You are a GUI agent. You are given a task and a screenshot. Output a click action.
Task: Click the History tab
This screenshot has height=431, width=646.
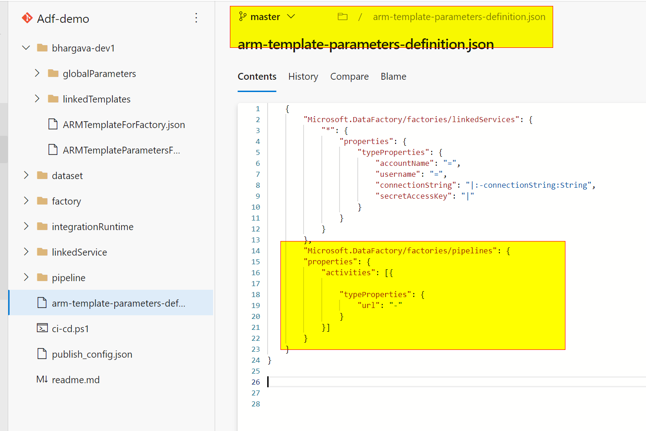pyautogui.click(x=303, y=77)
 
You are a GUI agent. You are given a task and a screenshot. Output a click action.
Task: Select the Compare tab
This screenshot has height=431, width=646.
pyautogui.click(x=349, y=77)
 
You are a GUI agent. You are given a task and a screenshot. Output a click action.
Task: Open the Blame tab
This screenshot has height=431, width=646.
pyautogui.click(x=393, y=77)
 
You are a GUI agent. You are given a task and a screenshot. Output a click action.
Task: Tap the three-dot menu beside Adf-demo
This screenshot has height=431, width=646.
pyautogui.click(x=196, y=18)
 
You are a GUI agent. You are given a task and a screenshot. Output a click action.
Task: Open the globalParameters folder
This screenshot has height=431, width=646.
pyautogui.click(x=99, y=74)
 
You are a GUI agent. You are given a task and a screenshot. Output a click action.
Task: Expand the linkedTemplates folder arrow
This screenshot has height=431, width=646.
pyautogui.click(x=37, y=99)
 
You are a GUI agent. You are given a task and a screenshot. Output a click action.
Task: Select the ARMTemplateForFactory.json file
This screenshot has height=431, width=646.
pyautogui.click(x=123, y=125)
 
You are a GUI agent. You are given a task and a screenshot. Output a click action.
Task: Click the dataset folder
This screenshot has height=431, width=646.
pyautogui.click(x=67, y=176)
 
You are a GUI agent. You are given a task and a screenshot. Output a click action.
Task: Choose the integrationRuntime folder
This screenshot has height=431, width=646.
pyautogui.click(x=92, y=227)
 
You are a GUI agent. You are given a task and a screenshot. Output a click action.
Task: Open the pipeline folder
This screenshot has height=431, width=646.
pyautogui.click(x=68, y=278)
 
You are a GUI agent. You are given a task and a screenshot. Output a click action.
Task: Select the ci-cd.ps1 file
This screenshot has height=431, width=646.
pyautogui.click(x=70, y=329)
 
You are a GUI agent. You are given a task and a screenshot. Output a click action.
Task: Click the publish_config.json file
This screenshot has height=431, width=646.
pyautogui.click(x=92, y=354)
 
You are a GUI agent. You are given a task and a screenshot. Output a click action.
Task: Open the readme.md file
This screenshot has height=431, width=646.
pyautogui.click(x=76, y=380)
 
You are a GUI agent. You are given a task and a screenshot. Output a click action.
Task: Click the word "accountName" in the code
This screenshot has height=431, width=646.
pyautogui.click(x=405, y=163)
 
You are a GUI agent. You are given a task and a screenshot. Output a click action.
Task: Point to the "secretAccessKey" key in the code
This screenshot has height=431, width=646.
pyautogui.click(x=413, y=196)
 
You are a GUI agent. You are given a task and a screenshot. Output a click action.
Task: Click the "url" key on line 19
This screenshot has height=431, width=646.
pyautogui.click(x=369, y=305)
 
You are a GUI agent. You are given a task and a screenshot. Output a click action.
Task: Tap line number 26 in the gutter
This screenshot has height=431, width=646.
pyautogui.click(x=256, y=382)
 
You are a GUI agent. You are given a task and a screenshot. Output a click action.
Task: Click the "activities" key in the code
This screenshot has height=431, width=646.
pyautogui.click(x=348, y=272)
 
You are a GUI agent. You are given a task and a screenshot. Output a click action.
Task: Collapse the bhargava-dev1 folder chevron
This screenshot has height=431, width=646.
pyautogui.click(x=26, y=48)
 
